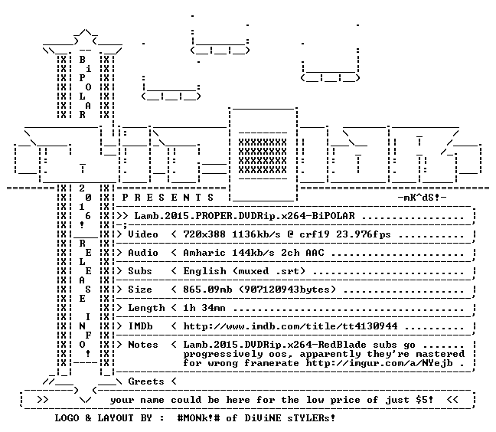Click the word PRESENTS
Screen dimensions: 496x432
click(168, 198)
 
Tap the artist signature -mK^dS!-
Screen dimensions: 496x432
click(422, 198)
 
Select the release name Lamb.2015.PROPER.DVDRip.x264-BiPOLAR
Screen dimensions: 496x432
click(244, 216)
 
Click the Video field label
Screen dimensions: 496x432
click(143, 234)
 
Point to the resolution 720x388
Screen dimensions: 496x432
click(204, 234)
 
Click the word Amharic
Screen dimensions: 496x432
click(204, 253)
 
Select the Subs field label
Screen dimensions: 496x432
click(140, 271)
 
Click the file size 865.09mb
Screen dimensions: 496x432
click(207, 290)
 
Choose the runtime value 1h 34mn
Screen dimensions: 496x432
click(204, 308)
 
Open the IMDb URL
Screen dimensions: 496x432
click(290, 326)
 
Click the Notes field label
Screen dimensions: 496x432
click(143, 345)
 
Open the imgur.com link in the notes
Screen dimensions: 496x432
click(380, 363)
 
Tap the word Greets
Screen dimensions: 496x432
click(146, 381)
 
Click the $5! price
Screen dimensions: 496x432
click(425, 399)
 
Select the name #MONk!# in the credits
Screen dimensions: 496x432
click(199, 417)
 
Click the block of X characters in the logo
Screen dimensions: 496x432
click(263, 156)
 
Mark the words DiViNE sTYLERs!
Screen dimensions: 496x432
click(290, 417)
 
